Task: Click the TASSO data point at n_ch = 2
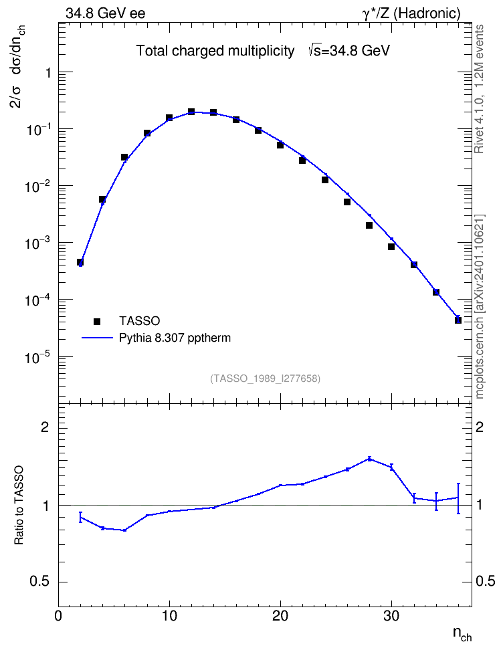tap(80, 262)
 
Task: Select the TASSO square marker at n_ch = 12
tap(191, 112)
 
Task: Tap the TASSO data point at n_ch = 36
tap(458, 320)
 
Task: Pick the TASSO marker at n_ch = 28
tap(369, 225)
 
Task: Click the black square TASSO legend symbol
tap(97, 321)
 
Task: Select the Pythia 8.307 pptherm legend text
tap(175, 338)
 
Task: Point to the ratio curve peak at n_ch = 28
tap(369, 459)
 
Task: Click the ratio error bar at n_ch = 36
tap(458, 498)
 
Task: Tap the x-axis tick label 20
tap(280, 616)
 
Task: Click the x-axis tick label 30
tap(391, 616)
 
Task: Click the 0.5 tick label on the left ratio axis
tap(39, 582)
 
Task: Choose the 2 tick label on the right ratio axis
tap(480, 427)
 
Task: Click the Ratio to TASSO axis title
tap(19, 505)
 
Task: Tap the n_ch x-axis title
tap(462, 634)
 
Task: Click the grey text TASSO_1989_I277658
tap(266, 378)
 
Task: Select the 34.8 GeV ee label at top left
tap(106, 13)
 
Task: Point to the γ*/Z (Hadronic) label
tap(411, 13)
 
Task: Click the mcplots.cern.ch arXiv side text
tap(480, 307)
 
